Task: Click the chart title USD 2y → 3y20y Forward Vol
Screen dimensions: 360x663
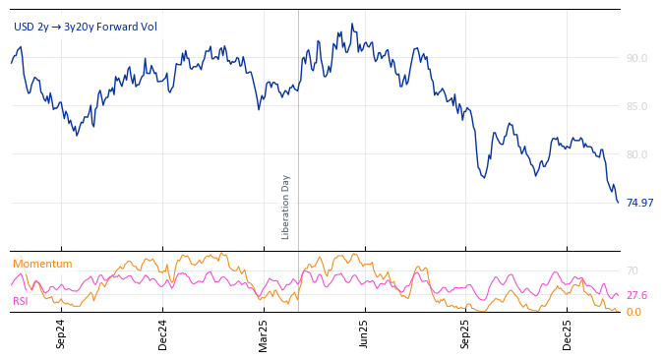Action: coord(85,28)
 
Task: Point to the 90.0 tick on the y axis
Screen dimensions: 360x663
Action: coord(636,58)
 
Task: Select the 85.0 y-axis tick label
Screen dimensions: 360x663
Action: coord(636,106)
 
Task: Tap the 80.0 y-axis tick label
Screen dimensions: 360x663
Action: coord(636,154)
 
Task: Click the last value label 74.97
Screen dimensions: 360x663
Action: coord(639,203)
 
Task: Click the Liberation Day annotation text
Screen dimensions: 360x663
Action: coord(286,207)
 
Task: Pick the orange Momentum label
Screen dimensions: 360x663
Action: coord(42,264)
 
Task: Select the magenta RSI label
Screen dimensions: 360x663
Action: coord(21,301)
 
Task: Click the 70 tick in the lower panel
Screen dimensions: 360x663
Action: coord(633,270)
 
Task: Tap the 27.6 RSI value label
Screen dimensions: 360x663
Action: coord(636,295)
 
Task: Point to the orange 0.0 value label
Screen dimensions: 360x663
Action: coord(633,312)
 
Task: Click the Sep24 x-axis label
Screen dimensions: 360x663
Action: coord(61,333)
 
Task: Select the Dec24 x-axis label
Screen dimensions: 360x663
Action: coord(163,333)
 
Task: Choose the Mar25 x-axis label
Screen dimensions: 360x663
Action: coord(264,333)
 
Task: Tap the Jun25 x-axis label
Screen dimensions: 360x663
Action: coord(364,333)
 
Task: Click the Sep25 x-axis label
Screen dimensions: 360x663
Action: coord(466,333)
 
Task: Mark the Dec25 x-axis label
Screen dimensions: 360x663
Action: coord(568,333)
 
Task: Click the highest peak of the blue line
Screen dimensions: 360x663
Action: coord(352,25)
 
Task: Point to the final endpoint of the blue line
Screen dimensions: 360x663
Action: coord(618,203)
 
